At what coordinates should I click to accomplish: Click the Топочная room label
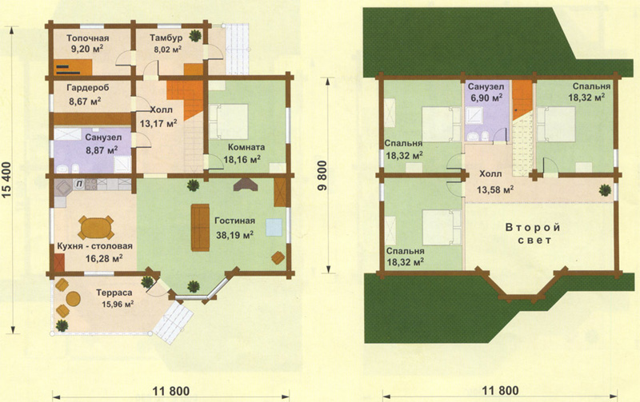[88, 38]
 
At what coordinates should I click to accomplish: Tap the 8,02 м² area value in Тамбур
[166, 50]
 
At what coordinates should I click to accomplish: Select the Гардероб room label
[88, 88]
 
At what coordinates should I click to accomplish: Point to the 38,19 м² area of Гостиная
[234, 234]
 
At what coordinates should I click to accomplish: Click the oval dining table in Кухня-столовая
[96, 228]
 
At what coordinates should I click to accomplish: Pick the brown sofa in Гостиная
[200, 228]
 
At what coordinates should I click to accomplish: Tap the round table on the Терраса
[74, 299]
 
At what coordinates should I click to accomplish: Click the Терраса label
[114, 293]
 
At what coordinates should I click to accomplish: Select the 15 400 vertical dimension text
[9, 180]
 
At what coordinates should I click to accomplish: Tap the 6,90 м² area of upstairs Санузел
[486, 98]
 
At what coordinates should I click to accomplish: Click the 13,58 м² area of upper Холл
[495, 189]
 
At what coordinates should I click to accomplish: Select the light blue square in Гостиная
[274, 228]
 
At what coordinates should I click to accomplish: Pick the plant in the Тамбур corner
[195, 36]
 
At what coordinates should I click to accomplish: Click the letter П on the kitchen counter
[79, 185]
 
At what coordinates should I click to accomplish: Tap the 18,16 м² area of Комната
[242, 159]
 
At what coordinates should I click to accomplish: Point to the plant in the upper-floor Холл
[606, 189]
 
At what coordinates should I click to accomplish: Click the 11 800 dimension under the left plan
[171, 392]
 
